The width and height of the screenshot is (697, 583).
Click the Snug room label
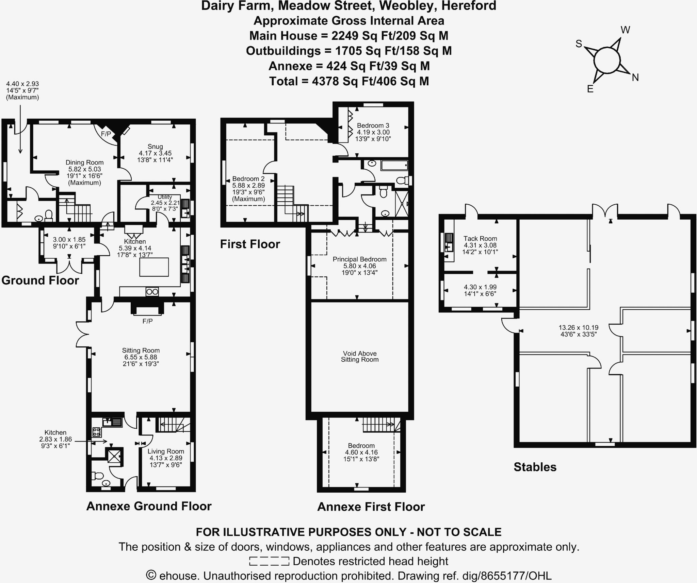click(155, 147)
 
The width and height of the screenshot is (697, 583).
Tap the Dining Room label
click(84, 163)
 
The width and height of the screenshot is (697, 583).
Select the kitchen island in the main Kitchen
click(154, 267)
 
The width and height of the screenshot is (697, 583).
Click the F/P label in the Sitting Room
click(147, 321)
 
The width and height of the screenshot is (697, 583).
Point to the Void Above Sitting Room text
click(360, 357)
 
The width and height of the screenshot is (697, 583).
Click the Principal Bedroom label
click(359, 259)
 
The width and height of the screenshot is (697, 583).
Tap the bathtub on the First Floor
click(394, 166)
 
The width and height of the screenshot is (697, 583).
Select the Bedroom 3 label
click(373, 126)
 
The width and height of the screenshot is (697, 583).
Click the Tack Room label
click(480, 239)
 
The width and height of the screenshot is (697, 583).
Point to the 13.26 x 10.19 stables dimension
click(578, 328)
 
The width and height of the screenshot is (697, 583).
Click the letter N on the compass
click(635, 78)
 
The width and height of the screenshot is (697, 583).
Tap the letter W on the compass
click(625, 30)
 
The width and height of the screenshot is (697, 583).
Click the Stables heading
click(535, 467)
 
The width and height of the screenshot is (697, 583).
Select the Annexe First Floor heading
click(371, 507)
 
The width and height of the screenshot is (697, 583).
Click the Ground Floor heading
click(40, 280)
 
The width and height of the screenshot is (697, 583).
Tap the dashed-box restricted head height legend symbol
click(269, 561)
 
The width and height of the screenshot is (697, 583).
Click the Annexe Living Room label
click(166, 451)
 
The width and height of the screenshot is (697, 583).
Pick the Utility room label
click(165, 197)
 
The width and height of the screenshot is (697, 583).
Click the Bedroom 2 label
click(248, 179)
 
